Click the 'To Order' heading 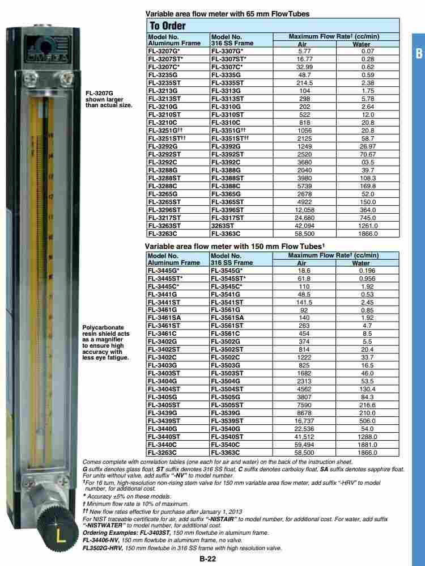[x=167, y=26]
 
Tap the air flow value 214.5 [x=304, y=82]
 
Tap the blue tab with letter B [x=419, y=54]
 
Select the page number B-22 [x=207, y=559]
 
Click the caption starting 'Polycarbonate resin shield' [x=106, y=342]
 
